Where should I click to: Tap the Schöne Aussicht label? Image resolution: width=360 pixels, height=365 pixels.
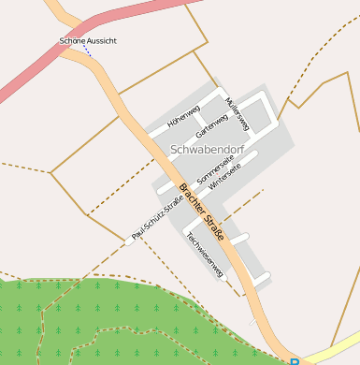[88, 41]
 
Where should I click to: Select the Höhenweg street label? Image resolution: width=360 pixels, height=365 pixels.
[183, 115]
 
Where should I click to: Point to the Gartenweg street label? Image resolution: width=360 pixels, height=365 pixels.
[212, 123]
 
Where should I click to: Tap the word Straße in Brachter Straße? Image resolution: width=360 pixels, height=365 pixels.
[214, 226]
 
